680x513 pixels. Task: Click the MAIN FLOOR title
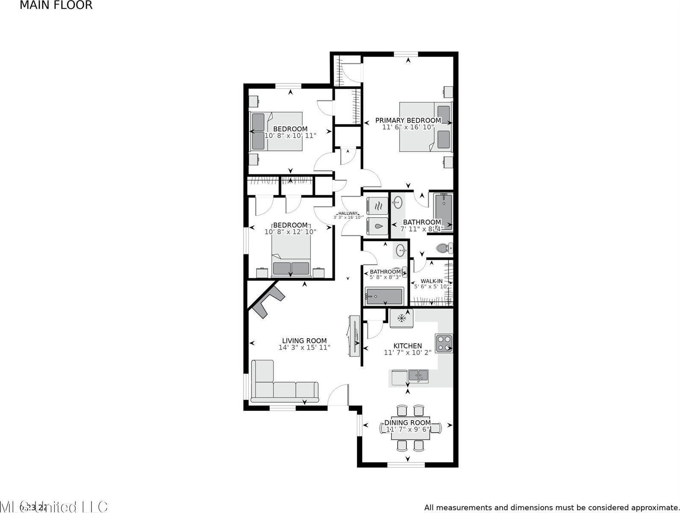click(56, 6)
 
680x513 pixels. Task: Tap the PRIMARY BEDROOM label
click(408, 121)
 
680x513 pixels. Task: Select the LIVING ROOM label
click(304, 341)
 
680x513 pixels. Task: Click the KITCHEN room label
click(407, 346)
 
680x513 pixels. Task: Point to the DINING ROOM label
click(407, 423)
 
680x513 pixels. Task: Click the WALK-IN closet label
click(431, 281)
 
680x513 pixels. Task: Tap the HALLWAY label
click(347, 213)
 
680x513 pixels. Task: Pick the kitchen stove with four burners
click(444, 343)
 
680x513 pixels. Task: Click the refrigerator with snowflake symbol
click(401, 318)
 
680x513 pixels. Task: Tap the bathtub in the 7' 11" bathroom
click(443, 212)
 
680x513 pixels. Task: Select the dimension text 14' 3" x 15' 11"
click(304, 348)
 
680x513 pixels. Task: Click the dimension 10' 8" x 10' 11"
click(290, 136)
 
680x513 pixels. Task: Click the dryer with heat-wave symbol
click(378, 206)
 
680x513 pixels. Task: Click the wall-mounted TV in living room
click(354, 336)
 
